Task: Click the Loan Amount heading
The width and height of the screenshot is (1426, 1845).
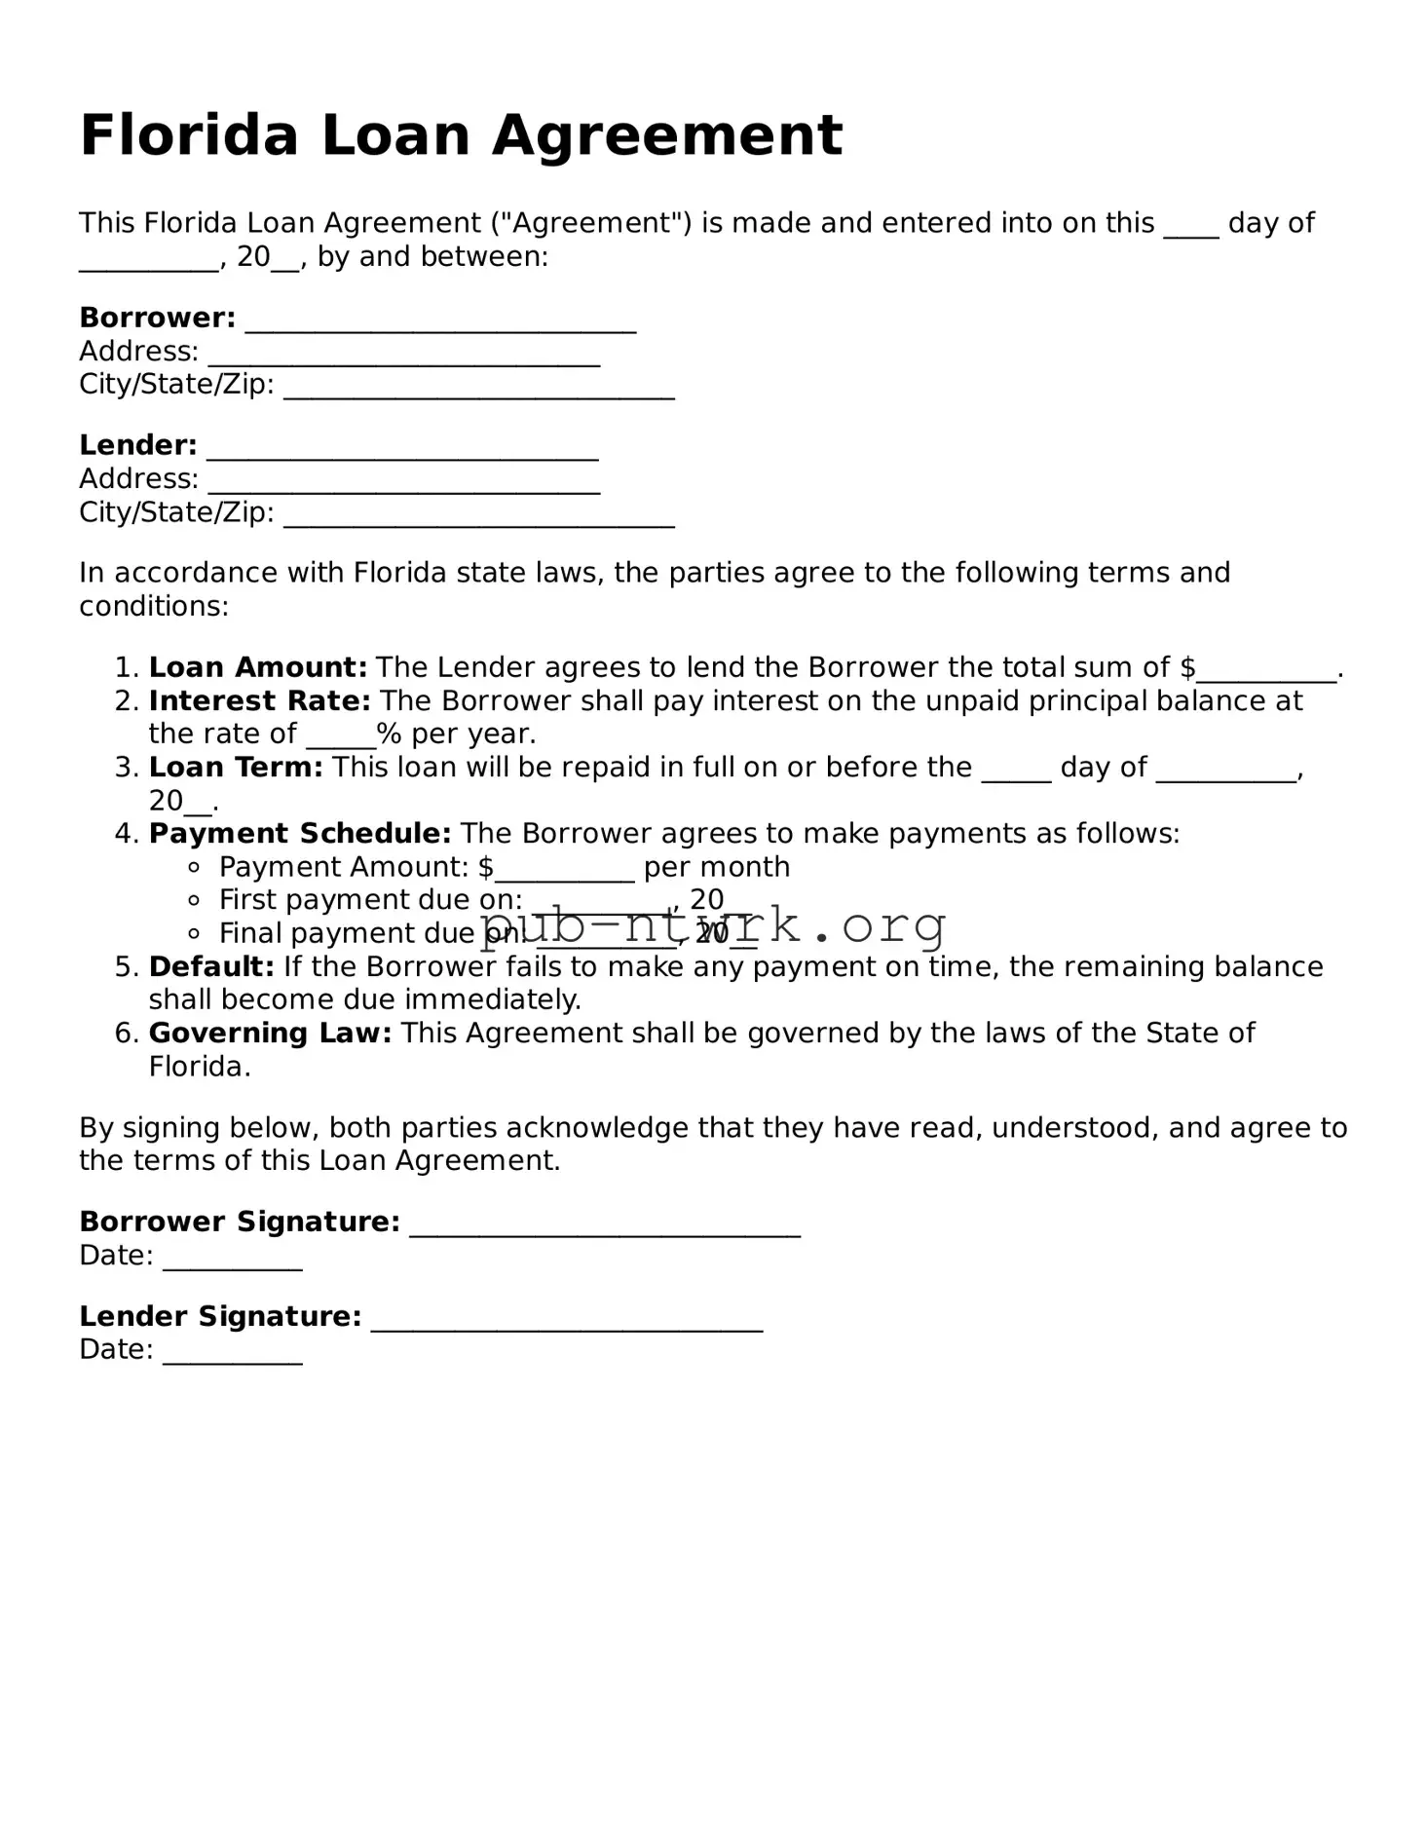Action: click(x=258, y=667)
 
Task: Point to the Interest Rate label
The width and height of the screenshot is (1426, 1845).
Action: click(x=260, y=700)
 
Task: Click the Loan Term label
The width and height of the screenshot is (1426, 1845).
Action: click(x=236, y=768)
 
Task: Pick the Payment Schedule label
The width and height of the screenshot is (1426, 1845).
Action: click(x=300, y=834)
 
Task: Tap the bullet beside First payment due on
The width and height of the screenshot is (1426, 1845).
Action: click(x=195, y=900)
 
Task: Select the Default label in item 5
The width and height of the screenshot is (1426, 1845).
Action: click(x=211, y=966)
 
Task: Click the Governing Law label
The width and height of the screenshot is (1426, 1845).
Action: click(x=270, y=1033)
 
